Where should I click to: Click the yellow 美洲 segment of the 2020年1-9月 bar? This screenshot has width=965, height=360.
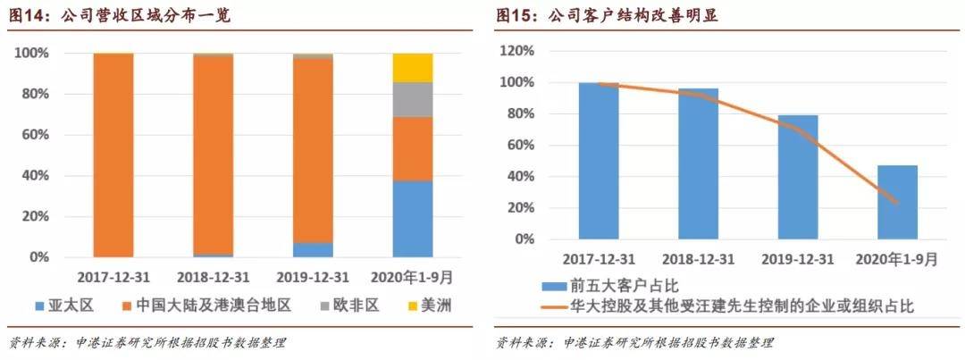tap(412, 68)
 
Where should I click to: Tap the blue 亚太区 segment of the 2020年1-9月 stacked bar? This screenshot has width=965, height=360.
tap(412, 219)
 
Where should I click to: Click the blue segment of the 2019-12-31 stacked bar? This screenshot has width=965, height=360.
tap(313, 250)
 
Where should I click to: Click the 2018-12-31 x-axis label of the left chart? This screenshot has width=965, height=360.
tap(214, 275)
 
